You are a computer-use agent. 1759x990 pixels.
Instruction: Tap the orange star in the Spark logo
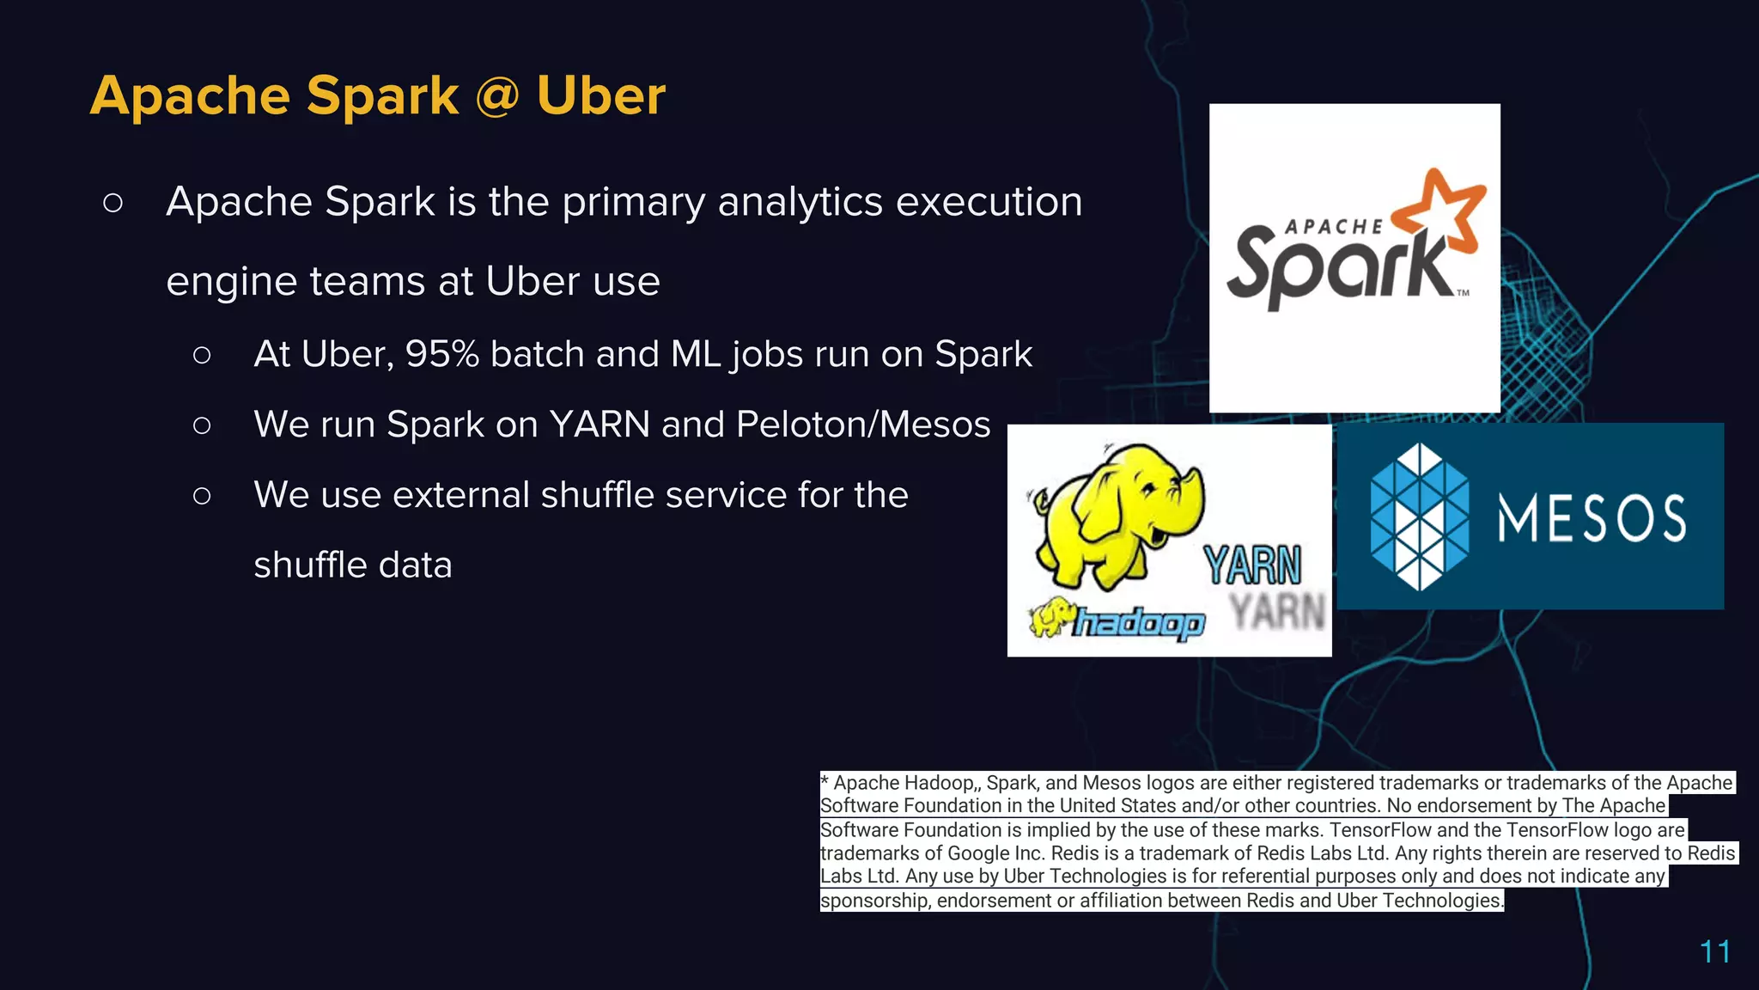1440,211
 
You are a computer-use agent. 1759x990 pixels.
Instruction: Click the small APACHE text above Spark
1334,227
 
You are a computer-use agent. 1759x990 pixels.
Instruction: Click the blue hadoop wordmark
1138,622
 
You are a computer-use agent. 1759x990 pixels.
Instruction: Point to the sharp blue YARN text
1252,565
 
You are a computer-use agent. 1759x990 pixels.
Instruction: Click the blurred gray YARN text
1277,612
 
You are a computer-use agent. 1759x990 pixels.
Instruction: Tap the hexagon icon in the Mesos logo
1419,516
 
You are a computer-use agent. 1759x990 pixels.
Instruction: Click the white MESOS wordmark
1592,518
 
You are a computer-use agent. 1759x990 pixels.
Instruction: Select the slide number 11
1714,951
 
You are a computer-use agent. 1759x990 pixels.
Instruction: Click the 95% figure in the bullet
441,354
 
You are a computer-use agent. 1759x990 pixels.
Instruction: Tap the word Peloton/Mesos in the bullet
862,425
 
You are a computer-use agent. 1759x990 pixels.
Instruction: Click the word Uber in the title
600,95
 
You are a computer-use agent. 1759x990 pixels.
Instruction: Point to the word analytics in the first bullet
800,203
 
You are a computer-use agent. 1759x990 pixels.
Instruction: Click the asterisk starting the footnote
825,781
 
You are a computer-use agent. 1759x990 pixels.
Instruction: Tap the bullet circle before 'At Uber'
202,355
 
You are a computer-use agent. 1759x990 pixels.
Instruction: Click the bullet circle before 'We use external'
202,496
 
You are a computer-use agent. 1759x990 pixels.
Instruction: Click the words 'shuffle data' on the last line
352,565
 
